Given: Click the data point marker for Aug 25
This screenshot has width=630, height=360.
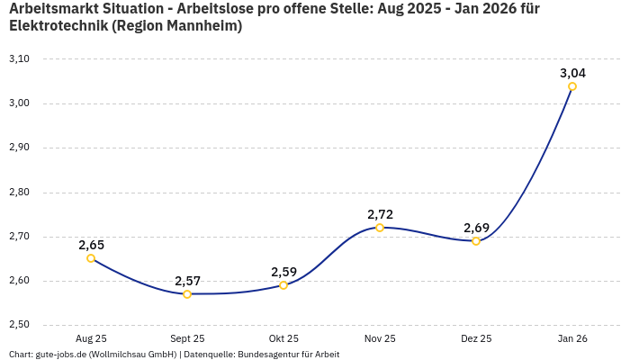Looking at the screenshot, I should tap(91, 258).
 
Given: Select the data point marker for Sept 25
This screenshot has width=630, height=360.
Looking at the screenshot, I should tap(187, 294).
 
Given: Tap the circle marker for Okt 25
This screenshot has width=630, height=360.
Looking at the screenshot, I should tap(283, 285).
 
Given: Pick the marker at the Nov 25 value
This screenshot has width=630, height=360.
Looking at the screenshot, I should tap(380, 228).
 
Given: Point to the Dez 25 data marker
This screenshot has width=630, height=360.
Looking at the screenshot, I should tap(476, 241).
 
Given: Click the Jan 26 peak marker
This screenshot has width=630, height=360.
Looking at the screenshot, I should tap(572, 86).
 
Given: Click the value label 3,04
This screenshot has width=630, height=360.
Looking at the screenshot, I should tap(572, 73).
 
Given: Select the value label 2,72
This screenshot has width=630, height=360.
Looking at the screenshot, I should tap(380, 214).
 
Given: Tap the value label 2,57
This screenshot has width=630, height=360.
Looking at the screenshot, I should tap(187, 281).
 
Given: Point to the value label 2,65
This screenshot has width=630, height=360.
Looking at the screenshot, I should tap(91, 245).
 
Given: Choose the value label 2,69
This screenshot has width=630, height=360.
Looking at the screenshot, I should tap(476, 228).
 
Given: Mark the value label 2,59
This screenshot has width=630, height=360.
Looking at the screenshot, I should tap(283, 272).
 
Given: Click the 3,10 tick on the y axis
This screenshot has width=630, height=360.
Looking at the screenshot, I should tap(19, 59).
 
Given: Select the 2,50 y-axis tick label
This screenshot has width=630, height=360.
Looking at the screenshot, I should tap(19, 325).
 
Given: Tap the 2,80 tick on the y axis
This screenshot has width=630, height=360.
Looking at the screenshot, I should tap(19, 193).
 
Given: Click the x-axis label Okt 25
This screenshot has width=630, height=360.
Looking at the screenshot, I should tap(283, 339).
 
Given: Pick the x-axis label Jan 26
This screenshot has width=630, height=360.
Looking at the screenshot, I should tap(572, 339).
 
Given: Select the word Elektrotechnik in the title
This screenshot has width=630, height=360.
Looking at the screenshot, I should tap(58, 26).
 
